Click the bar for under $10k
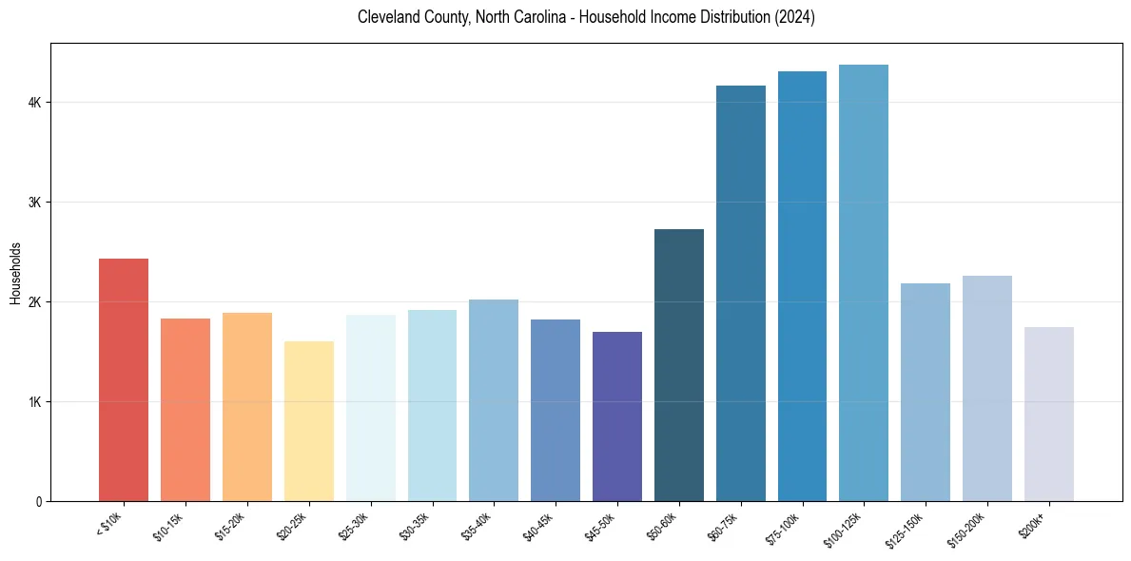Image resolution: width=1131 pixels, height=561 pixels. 124,380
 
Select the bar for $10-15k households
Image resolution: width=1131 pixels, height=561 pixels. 185,410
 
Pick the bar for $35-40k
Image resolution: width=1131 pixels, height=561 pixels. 494,400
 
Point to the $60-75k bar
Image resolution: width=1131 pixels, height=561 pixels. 741,294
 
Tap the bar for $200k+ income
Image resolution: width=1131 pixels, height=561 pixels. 1049,415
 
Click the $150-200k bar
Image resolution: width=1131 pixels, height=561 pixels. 987,389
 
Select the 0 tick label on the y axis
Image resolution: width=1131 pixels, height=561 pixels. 40,502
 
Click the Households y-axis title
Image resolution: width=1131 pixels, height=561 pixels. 15,274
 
